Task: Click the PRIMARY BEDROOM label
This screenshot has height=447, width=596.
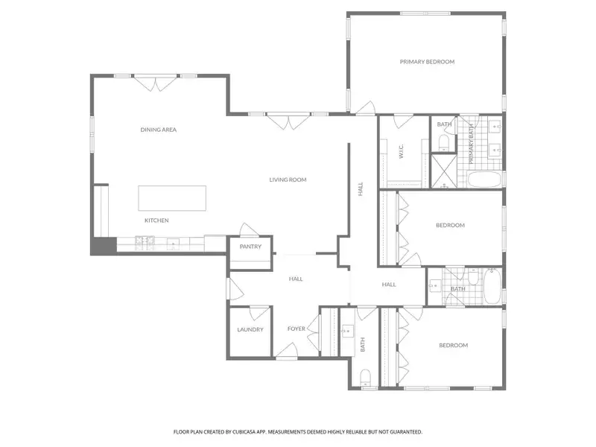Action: (x=427, y=62)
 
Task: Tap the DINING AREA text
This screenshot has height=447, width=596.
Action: (x=159, y=130)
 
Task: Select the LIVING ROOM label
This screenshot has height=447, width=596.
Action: (x=288, y=180)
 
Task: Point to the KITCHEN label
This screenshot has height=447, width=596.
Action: (x=156, y=221)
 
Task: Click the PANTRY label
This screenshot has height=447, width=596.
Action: (x=250, y=247)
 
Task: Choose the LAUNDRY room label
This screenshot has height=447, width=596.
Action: (x=250, y=329)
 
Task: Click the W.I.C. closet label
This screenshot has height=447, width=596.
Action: (x=401, y=152)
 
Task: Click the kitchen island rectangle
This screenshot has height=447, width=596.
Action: (x=171, y=198)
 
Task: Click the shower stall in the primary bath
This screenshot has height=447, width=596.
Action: (x=444, y=171)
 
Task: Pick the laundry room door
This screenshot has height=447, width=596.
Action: (x=259, y=313)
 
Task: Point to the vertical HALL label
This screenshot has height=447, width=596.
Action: (x=360, y=189)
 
